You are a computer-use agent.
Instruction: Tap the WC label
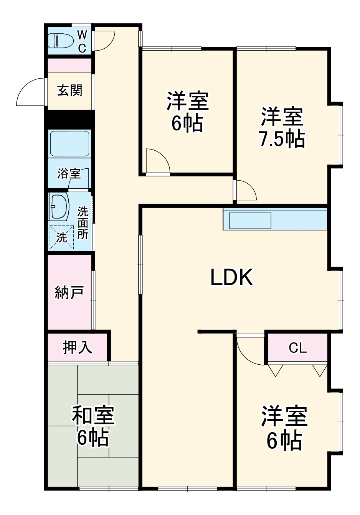82,41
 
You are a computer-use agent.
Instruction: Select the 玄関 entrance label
70,90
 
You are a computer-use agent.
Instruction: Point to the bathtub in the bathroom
69,143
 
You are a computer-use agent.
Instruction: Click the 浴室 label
69,173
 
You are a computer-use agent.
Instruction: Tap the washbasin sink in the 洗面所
58,206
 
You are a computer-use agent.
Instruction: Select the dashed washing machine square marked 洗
61,237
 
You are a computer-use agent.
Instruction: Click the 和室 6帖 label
93,426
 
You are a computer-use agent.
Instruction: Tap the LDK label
231,277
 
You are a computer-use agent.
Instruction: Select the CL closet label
298,348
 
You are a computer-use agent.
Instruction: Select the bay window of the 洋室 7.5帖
337,135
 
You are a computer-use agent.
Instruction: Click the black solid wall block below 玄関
69,119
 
